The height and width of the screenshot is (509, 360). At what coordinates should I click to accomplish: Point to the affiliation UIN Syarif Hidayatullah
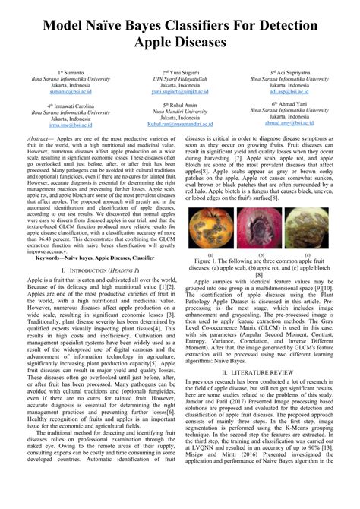[x=179, y=77]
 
